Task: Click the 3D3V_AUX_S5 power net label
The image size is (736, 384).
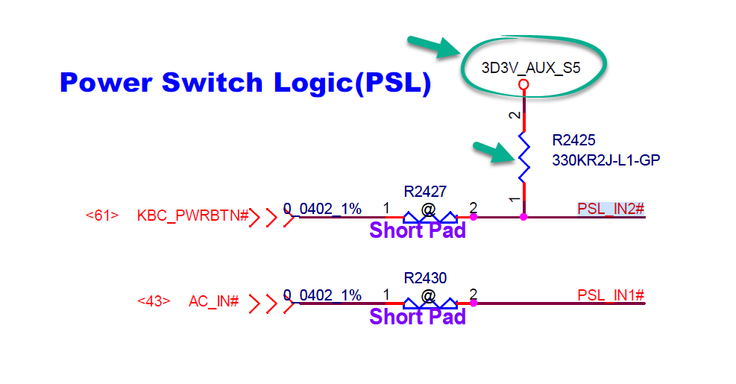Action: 530,67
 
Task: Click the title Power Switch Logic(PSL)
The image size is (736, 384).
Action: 245,83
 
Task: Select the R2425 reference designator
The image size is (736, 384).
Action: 573,140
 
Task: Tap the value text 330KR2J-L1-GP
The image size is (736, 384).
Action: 606,159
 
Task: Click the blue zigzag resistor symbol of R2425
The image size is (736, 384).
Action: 523,157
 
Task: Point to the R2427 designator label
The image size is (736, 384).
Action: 425,192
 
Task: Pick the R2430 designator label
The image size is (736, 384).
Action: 425,278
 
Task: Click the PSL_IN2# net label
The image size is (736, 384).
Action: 610,209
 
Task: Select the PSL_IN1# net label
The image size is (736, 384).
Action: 610,295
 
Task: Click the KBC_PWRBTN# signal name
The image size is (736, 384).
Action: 192,216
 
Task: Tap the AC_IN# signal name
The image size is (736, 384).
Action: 213,302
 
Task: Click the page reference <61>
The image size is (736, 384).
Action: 102,216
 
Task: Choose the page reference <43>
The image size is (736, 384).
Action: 154,302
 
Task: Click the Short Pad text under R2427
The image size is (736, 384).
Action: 418,230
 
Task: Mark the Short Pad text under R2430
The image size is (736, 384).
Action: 418,317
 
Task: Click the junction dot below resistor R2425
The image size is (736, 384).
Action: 523,217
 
